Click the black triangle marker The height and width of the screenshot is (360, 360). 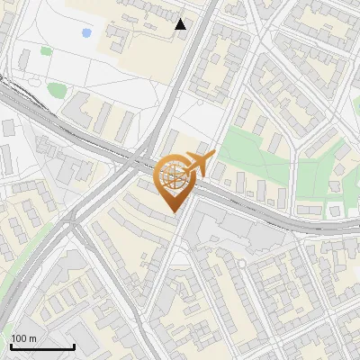tap(181, 24)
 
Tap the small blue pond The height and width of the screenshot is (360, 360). tap(86, 32)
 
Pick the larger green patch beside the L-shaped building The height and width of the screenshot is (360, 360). tap(57, 89)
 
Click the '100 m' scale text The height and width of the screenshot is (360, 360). tap(24, 337)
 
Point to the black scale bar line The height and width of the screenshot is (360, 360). tap(41, 346)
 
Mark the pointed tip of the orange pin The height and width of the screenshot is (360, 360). tap(172, 211)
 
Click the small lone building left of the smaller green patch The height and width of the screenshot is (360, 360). tap(22, 59)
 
